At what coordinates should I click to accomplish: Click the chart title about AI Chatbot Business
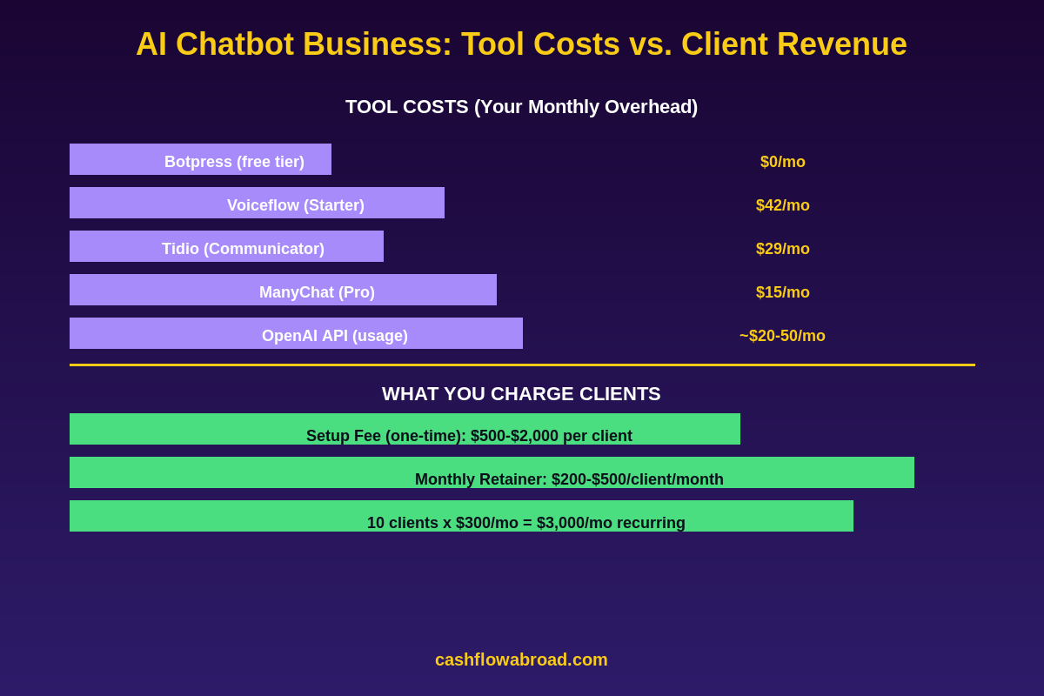pos(521,44)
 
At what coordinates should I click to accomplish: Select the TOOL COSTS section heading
pos(521,107)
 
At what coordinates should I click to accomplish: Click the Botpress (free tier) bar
pos(200,160)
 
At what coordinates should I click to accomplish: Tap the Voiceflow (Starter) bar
pos(257,204)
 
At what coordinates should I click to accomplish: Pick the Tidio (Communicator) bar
pos(226,247)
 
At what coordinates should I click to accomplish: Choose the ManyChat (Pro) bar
pos(283,291)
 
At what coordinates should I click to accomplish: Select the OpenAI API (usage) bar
pos(296,334)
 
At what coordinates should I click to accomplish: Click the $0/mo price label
pos(783,162)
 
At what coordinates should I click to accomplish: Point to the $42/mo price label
pos(783,205)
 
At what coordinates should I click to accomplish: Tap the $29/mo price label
pos(783,249)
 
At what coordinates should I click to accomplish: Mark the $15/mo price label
pos(783,292)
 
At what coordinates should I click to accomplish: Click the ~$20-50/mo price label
pos(782,336)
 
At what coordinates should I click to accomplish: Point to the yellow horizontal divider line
pos(522,365)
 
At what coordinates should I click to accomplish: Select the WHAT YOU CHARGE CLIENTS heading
pos(521,394)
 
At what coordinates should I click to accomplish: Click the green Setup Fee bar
pos(405,430)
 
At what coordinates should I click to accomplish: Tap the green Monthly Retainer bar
pos(492,473)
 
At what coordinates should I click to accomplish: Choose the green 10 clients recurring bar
pos(461,517)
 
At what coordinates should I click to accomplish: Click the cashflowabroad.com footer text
pos(521,659)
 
